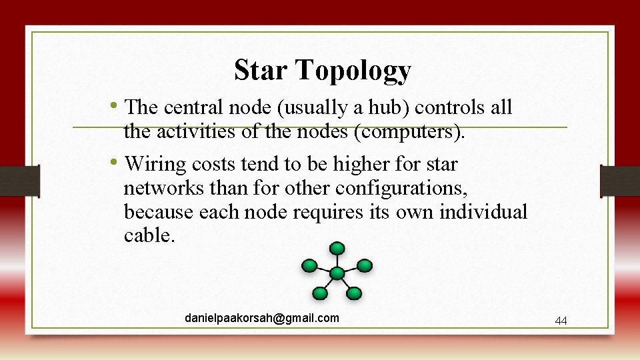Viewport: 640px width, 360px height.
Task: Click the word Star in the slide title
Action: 262,69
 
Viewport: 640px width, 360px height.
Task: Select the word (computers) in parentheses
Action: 409,132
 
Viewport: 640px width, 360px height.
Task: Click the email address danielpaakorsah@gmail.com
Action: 262,318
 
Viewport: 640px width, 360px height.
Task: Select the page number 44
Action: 561,321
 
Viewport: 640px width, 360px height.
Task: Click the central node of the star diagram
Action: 337,273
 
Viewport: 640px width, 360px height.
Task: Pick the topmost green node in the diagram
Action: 338,249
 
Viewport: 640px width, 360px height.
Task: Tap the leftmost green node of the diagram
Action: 309,266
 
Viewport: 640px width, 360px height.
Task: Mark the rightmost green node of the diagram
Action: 365,266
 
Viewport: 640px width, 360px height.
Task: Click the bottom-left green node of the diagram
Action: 321,293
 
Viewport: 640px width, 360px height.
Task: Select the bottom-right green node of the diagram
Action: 354,293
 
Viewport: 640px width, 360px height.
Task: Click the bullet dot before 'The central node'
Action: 117,105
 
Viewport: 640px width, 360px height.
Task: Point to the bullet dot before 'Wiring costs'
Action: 117,163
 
